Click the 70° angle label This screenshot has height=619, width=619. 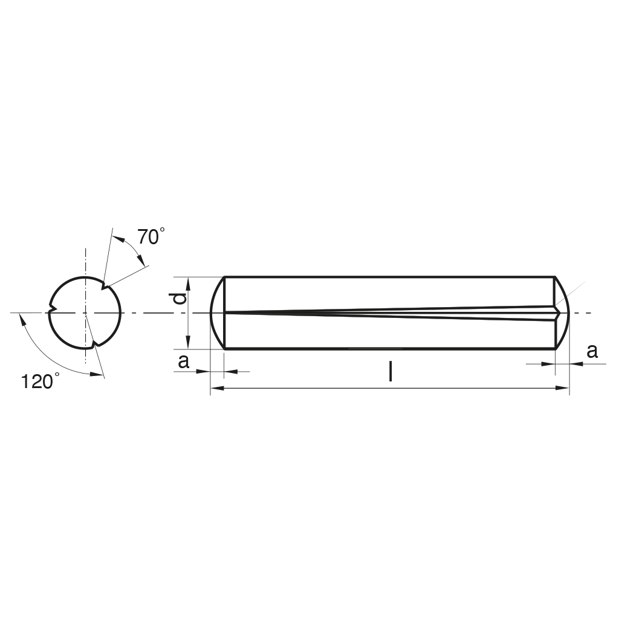151,236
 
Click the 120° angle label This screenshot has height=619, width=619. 40,381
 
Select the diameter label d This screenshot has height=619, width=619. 180,299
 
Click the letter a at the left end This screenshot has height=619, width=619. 184,361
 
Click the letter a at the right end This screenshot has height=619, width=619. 592,351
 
